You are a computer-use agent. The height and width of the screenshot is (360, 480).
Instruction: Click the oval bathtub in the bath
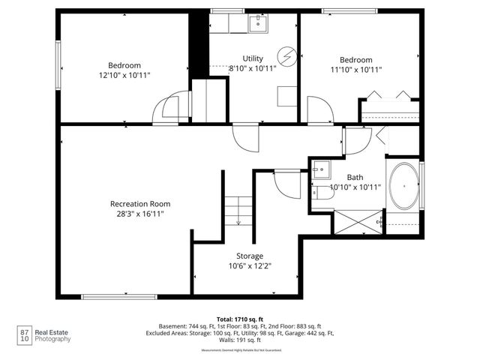click(x=406, y=184)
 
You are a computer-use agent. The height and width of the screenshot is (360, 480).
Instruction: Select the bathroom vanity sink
click(x=320, y=169)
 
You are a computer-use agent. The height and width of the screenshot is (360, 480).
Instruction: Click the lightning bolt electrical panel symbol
click(x=286, y=56)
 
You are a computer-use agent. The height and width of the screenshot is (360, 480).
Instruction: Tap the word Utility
click(x=253, y=58)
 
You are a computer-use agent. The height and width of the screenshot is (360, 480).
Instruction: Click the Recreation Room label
click(x=140, y=204)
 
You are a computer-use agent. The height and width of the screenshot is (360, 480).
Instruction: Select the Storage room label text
click(x=250, y=256)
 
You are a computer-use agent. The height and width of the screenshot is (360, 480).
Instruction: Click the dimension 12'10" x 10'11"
click(x=124, y=76)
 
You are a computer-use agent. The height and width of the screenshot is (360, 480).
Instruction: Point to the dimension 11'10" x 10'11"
click(x=356, y=70)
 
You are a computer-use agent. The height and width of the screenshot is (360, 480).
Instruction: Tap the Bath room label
click(x=355, y=177)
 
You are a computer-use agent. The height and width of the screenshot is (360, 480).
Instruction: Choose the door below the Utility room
click(x=244, y=137)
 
